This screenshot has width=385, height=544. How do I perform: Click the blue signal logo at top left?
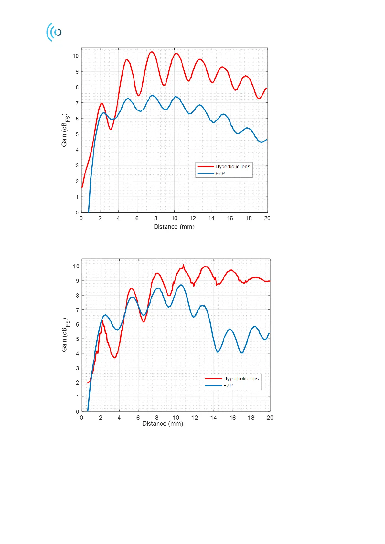[x=54, y=32]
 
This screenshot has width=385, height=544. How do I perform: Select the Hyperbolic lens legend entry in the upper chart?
[x=232, y=167]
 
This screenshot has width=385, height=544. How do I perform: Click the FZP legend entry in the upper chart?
[x=220, y=174]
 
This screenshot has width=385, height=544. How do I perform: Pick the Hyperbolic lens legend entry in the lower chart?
[x=241, y=379]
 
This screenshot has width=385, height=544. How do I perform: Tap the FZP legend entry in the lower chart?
[x=228, y=386]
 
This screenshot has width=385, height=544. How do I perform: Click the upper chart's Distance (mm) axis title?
[x=174, y=227]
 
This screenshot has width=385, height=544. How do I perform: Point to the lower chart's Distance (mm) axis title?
[x=163, y=424]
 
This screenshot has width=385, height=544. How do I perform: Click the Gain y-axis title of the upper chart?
[x=65, y=130]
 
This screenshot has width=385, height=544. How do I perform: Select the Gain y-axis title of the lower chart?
[x=65, y=335]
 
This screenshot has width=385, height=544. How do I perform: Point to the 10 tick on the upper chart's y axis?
[x=75, y=56]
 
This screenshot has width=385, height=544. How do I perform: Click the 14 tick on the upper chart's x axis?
[x=211, y=218]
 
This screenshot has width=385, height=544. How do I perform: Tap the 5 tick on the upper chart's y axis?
[x=77, y=134]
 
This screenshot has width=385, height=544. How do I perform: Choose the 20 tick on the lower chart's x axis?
[x=270, y=418]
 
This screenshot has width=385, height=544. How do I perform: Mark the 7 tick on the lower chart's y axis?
[x=77, y=310]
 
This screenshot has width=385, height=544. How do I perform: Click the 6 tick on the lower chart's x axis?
[x=138, y=418]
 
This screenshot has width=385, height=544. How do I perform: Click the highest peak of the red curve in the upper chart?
[x=151, y=52]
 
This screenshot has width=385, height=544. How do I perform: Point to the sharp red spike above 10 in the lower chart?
[x=184, y=265]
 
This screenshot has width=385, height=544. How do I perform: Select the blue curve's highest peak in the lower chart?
[x=181, y=285]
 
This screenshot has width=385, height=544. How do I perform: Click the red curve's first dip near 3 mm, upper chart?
[x=111, y=130]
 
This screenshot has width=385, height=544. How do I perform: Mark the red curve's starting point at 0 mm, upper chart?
[x=82, y=187]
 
